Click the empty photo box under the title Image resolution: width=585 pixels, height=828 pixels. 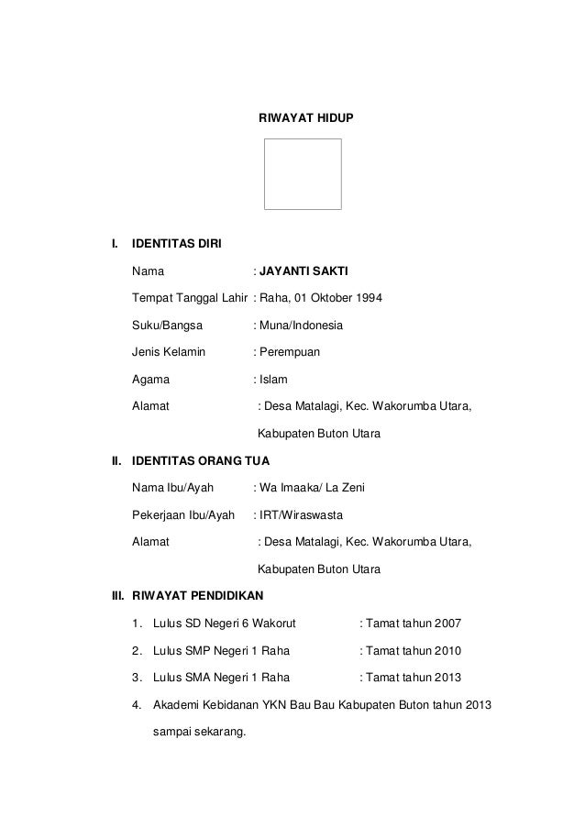tap(303, 174)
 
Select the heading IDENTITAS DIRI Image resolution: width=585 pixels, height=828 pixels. tap(175, 245)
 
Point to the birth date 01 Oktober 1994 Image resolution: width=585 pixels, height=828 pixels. tap(338, 299)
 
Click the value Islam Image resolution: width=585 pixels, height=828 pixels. tap(273, 379)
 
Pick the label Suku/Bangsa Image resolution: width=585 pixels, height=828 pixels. tap(169, 326)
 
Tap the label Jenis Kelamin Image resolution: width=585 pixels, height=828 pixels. tap(170, 352)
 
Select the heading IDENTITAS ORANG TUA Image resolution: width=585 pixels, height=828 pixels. tap(201, 459)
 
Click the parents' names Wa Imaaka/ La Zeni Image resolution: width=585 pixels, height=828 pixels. tap(313, 486)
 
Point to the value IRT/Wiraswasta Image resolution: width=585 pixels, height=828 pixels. tap(301, 513)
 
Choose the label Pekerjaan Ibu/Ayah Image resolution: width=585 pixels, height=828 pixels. tap(183, 513)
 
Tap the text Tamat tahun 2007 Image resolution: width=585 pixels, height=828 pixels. tap(414, 624)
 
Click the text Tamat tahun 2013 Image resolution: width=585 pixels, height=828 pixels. tap(414, 679)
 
